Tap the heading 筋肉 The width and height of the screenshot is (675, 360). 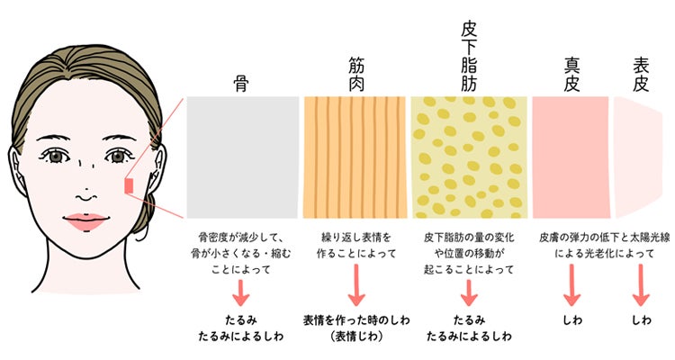356,75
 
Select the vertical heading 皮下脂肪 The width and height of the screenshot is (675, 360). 469,58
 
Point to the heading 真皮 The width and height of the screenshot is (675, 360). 571,75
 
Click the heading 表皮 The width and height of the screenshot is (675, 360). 641,75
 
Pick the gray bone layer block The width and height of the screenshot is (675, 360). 242,157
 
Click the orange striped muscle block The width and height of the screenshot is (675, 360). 355,157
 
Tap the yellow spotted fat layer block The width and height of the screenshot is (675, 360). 469,157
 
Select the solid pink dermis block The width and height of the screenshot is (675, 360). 571,157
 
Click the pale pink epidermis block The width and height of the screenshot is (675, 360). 637,157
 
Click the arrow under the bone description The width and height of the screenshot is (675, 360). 241,292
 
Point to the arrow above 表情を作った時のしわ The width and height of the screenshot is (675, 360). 356,285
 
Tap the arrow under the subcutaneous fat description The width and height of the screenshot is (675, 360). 469,292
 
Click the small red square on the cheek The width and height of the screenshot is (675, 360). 129,186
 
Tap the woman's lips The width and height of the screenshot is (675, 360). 85,221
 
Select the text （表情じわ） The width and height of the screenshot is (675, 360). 356,337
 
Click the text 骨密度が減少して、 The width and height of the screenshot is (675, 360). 241,238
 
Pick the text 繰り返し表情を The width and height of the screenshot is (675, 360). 356,238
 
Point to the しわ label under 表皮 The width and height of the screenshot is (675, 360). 641,320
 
